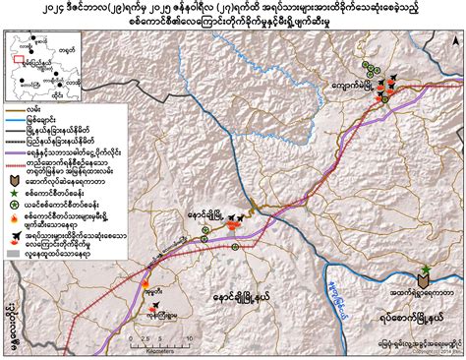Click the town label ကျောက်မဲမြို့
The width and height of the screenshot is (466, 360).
(x=359, y=87)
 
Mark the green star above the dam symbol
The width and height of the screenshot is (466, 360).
(x=425, y=270)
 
